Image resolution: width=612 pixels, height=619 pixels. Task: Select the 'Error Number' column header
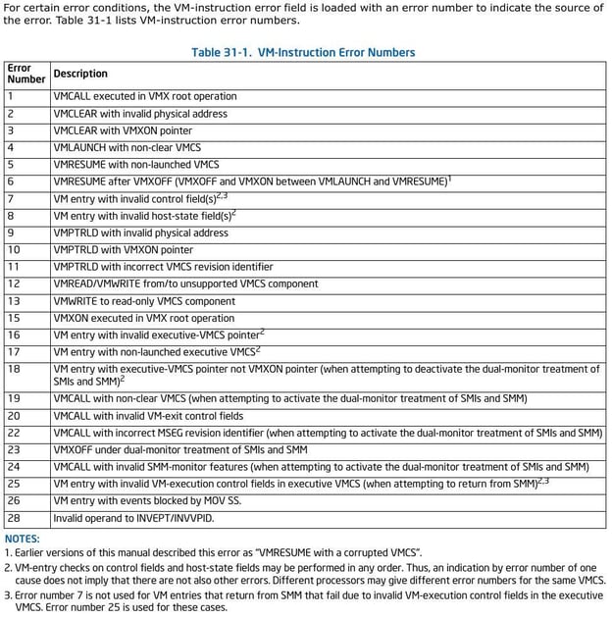click(25, 74)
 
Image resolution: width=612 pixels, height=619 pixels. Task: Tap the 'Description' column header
click(80, 74)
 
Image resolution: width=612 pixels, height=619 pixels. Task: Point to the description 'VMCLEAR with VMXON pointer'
click(123, 130)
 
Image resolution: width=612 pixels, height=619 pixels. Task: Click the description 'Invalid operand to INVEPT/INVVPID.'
click(133, 517)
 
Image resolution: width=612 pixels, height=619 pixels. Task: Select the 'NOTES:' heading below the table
click(23, 539)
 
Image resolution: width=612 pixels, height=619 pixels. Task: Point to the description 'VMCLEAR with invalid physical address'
click(140, 114)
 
